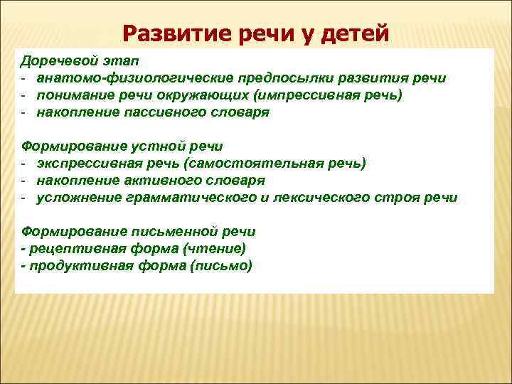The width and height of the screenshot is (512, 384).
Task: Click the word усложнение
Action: point(76,198)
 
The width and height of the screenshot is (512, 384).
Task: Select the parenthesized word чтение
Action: point(215,249)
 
